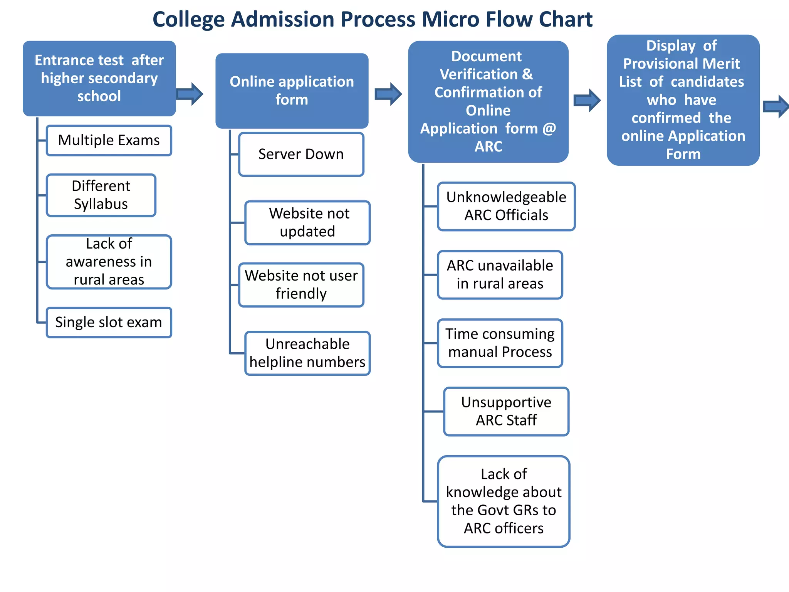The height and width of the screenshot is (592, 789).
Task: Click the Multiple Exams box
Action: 109,140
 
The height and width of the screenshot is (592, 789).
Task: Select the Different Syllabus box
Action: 101,195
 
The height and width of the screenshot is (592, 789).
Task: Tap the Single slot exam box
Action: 109,322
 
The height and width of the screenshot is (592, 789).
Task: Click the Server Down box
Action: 301,154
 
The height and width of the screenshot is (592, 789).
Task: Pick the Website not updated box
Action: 307,222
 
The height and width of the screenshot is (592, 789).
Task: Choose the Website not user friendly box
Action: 301,285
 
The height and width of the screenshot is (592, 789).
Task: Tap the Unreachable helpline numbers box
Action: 307,353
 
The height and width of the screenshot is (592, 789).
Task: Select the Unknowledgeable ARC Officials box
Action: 506,206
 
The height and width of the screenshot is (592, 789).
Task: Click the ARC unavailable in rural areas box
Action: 500,275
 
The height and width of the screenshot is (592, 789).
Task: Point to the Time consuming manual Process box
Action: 500,343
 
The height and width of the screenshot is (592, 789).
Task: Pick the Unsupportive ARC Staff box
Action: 506,411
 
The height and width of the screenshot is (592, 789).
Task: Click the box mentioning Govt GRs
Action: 504,501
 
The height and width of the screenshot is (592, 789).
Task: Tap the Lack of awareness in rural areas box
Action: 109,262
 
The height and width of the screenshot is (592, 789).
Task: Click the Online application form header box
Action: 292,91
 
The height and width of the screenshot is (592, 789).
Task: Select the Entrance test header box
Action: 99,78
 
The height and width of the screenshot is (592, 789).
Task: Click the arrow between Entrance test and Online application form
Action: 190,94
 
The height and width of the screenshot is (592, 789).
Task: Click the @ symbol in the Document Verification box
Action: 549,129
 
